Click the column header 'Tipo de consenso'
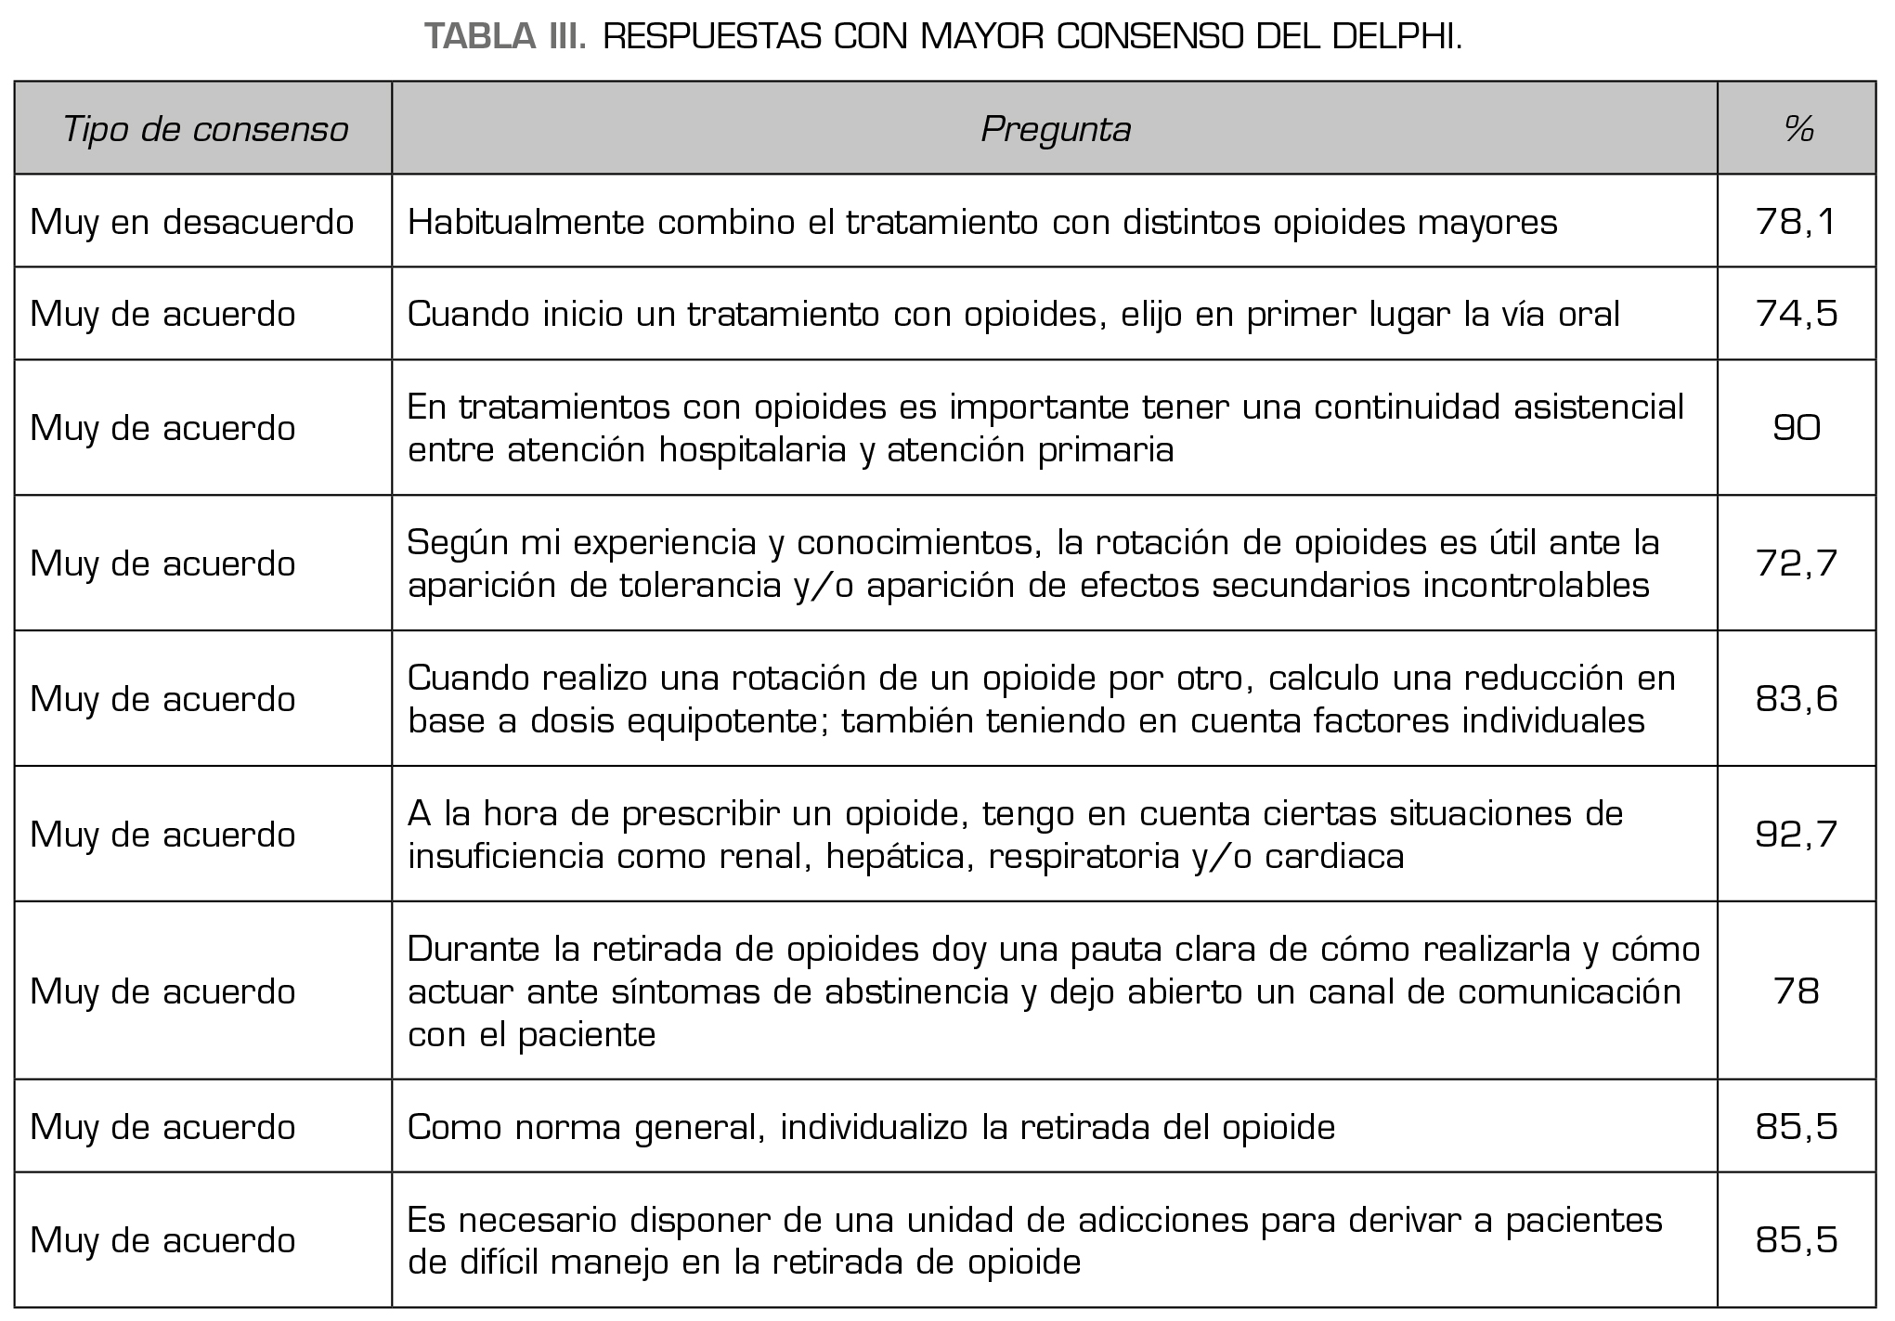click(x=204, y=129)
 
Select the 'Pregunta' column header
click(x=1056, y=129)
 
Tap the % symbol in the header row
click(x=1798, y=129)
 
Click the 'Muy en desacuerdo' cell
click(x=192, y=222)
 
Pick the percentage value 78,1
click(x=1797, y=222)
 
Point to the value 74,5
click(x=1797, y=314)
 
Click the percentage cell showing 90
click(x=1797, y=428)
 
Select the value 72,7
click(x=1797, y=563)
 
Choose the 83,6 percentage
click(x=1797, y=698)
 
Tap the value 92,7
click(x=1797, y=834)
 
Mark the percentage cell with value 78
click(x=1797, y=991)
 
